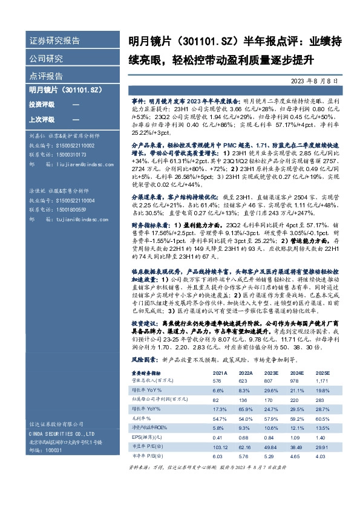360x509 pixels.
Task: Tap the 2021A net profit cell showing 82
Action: pyautogui.click(x=216, y=400)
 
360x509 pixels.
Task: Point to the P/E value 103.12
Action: pyautogui.click(x=219, y=446)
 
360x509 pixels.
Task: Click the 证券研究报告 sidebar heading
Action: pyautogui.click(x=55, y=41)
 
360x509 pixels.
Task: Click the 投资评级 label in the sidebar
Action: pyautogui.click(x=41, y=105)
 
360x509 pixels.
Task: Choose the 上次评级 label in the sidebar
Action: pyautogui.click(x=41, y=119)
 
